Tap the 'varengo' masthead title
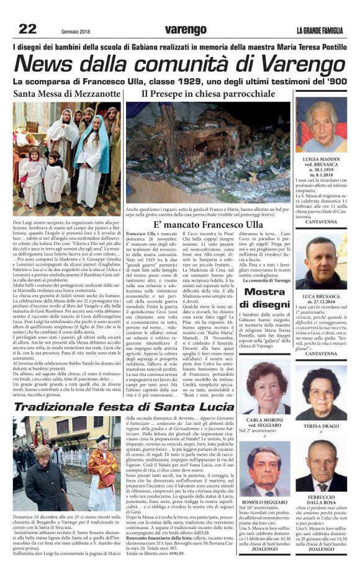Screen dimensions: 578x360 point(186,29)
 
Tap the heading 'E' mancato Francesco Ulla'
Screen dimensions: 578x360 point(208,223)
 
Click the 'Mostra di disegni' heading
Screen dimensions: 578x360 point(264,298)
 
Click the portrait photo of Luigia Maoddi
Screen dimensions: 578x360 point(320,127)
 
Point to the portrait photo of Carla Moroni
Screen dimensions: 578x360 point(264,388)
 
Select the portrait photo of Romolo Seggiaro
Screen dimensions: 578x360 point(264,471)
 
